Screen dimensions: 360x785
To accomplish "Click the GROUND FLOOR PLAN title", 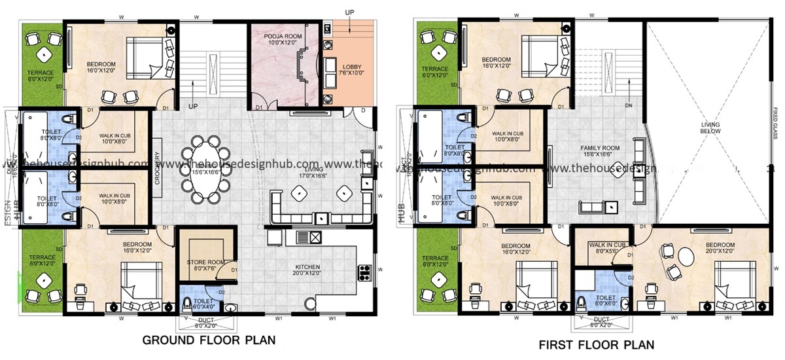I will click(x=209, y=340).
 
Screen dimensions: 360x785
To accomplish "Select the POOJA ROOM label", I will click(x=282, y=39).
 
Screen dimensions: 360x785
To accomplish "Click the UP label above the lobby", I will click(x=350, y=12).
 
